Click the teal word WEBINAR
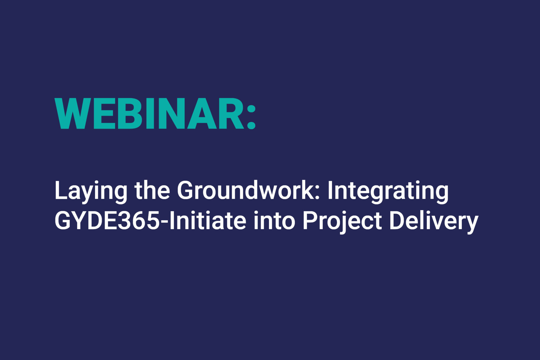tap(149, 114)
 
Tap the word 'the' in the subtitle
tap(152, 190)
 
